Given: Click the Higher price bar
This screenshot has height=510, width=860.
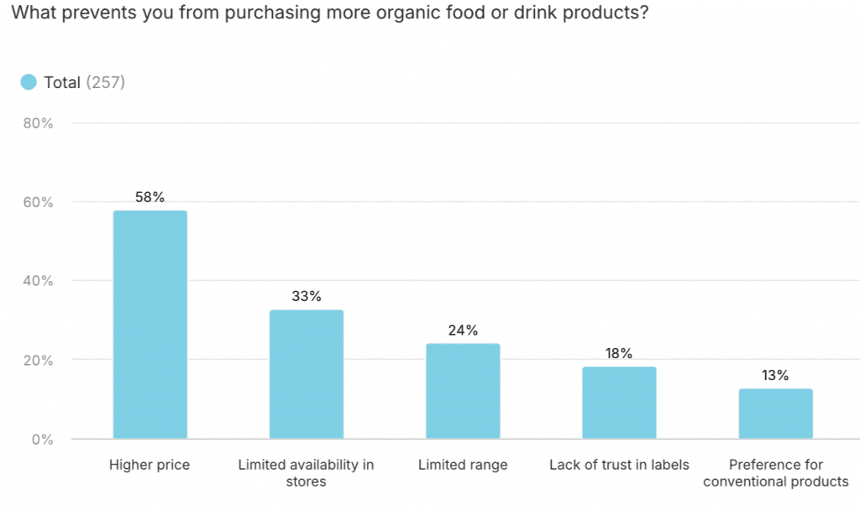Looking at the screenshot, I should click(150, 325).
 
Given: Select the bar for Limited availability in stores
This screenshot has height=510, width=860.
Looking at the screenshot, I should click(307, 374).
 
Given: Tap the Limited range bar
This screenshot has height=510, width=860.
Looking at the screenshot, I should click(463, 391).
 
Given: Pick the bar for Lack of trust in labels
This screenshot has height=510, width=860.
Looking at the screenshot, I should click(619, 403).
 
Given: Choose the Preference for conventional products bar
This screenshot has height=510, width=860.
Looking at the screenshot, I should click(776, 414).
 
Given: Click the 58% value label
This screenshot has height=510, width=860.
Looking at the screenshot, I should click(150, 198).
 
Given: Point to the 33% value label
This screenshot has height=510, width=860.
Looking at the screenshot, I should click(307, 297).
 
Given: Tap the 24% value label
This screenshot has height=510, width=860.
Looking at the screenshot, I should click(463, 330).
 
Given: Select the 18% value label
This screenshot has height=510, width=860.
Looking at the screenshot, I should click(619, 353).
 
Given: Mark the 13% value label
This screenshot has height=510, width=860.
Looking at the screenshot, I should click(776, 376).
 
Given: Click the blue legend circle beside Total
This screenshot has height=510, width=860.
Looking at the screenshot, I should click(29, 82).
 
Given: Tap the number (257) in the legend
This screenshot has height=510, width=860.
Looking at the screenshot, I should click(106, 82).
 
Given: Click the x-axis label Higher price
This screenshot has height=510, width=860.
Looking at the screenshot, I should click(149, 465).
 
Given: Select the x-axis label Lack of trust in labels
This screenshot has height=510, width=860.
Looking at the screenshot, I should click(619, 465).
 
